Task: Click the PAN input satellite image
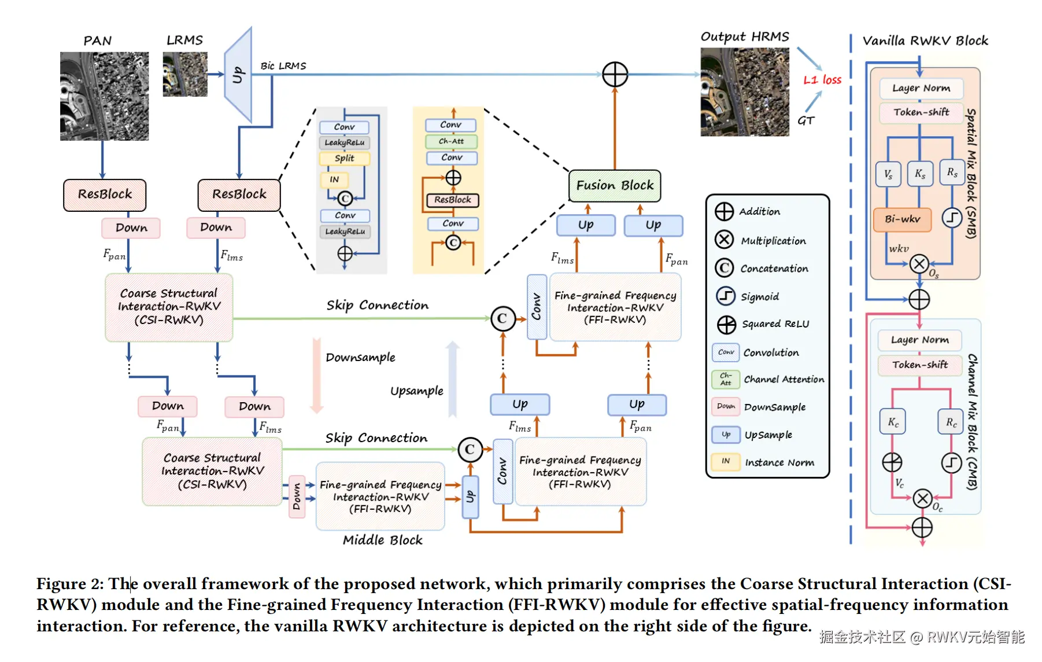(104, 96)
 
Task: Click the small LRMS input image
(185, 74)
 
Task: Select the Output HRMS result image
(745, 92)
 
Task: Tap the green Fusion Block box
(615, 186)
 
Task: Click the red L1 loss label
(822, 80)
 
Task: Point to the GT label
(805, 120)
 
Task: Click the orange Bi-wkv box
(902, 219)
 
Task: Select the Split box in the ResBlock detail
(345, 158)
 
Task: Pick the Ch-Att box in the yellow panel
(451, 141)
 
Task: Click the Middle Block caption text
(383, 540)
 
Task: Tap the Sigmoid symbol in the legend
(725, 296)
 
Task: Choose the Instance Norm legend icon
(726, 461)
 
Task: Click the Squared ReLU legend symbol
(726, 325)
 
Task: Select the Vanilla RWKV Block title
(925, 41)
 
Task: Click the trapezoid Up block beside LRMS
(238, 75)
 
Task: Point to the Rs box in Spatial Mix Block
(952, 172)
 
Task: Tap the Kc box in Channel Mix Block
(893, 422)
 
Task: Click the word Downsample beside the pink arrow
(360, 358)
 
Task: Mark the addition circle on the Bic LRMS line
(615, 75)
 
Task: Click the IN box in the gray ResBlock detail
(334, 179)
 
